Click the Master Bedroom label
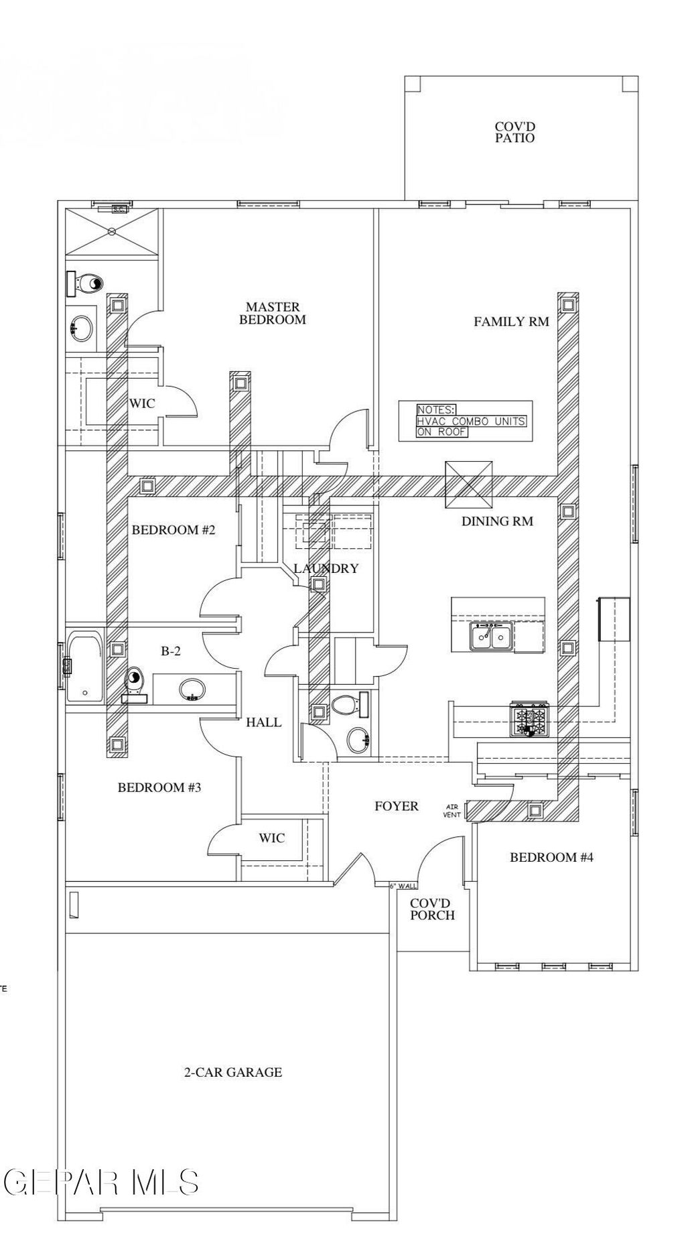(273, 314)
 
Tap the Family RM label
(511, 322)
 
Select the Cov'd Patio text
(514, 132)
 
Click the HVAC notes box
(466, 421)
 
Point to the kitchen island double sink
(491, 635)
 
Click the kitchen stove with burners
(530, 720)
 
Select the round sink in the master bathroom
(83, 328)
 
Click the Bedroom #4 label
(551, 857)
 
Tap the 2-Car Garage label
(233, 1072)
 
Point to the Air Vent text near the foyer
(452, 811)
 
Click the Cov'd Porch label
(432, 909)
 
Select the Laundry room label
(326, 568)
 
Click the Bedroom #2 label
(174, 530)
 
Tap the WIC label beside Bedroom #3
(271, 838)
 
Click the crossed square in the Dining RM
(470, 484)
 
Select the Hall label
(263, 722)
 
